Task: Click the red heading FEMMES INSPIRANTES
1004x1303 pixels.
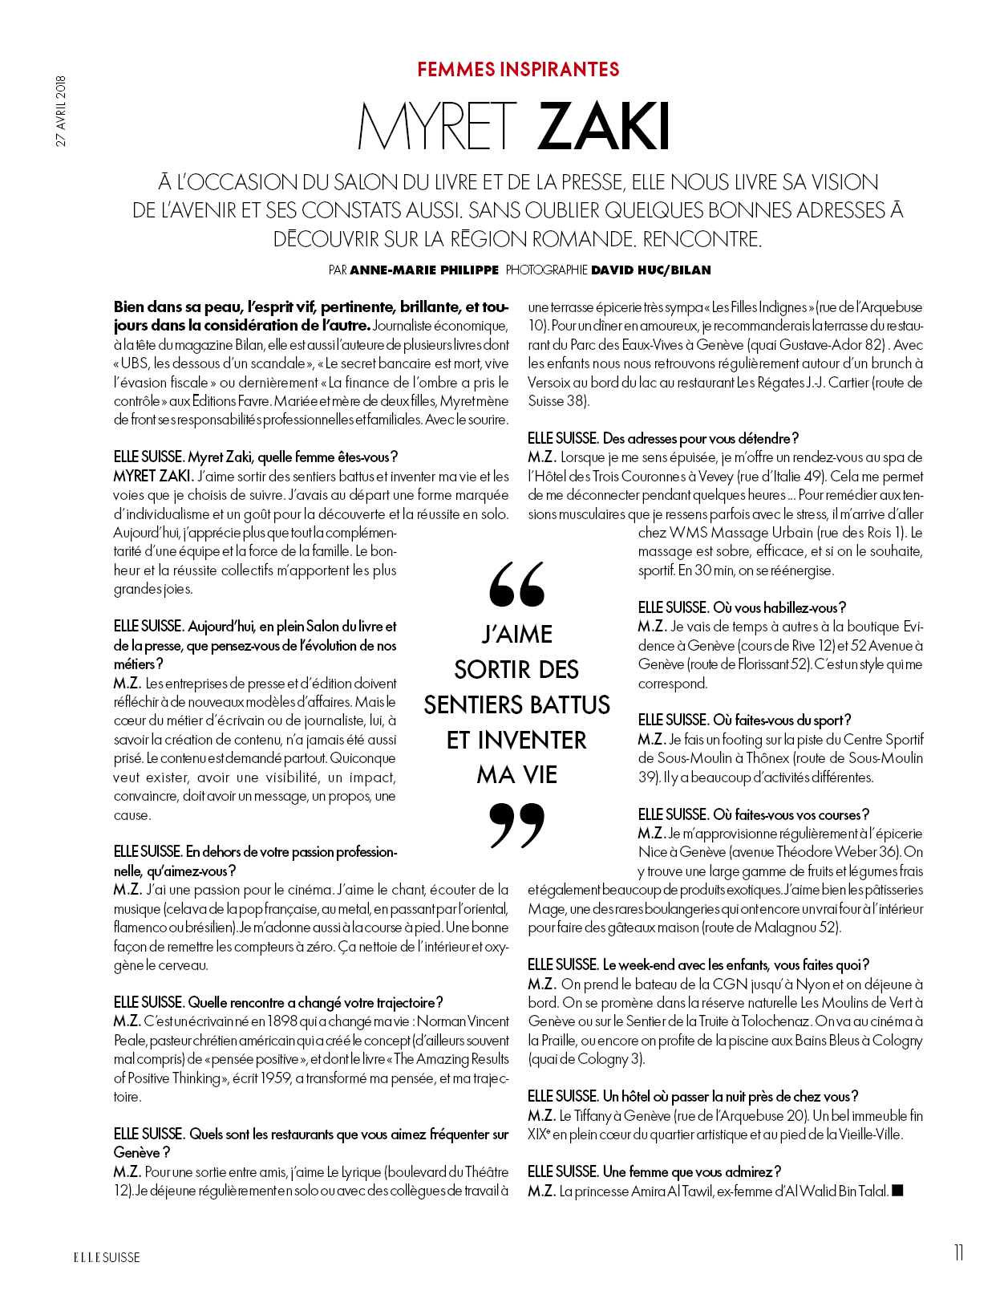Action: click(x=518, y=70)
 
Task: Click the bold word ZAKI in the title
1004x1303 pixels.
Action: click(x=605, y=128)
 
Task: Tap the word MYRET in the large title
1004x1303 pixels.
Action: click(x=437, y=128)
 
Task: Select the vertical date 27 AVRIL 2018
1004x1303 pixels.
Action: click(x=62, y=111)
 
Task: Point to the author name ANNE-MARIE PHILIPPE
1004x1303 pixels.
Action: click(x=424, y=270)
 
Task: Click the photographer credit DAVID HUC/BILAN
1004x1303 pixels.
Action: click(x=650, y=270)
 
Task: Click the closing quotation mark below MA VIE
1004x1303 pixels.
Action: click(x=517, y=825)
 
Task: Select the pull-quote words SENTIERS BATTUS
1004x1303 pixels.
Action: click(x=517, y=705)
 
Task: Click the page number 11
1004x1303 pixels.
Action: click(x=958, y=1253)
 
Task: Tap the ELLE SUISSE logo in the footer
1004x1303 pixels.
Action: click(x=107, y=1257)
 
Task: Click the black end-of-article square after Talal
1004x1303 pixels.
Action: click(x=898, y=1191)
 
